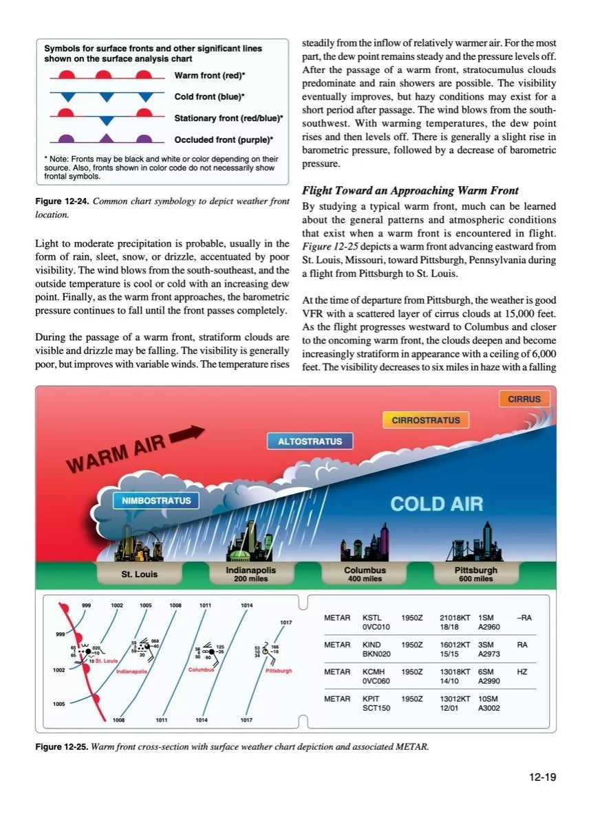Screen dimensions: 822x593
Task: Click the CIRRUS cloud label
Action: pos(524,399)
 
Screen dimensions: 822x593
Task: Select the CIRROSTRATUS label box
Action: pos(426,420)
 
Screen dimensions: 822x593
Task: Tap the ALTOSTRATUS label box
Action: pos(310,441)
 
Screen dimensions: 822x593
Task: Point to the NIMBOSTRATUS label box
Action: pos(156,500)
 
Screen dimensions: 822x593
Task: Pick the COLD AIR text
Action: pos(437,504)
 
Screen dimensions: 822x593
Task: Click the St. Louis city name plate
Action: pos(140,574)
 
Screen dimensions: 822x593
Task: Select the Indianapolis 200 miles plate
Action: pos(250,574)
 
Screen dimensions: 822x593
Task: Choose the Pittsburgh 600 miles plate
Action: pos(475,574)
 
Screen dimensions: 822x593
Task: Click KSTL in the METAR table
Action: pos(371,618)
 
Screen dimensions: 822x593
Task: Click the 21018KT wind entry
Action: pos(455,618)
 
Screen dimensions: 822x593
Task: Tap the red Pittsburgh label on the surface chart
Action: pos(279,670)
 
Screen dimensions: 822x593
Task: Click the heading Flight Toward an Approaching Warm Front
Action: pos(411,190)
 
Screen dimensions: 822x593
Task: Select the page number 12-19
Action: pos(542,777)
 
